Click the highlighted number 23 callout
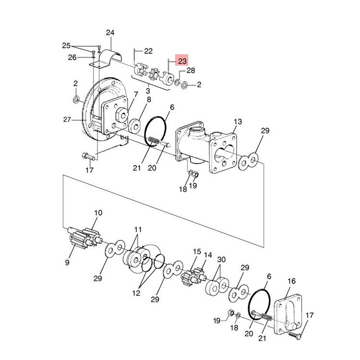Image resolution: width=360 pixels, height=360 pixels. pyautogui.click(x=182, y=61)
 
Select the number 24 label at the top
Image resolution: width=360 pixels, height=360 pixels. pyautogui.click(x=110, y=33)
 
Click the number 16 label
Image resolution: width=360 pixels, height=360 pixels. pyautogui.click(x=292, y=281)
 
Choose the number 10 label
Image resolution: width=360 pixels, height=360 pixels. pyautogui.click(x=98, y=213)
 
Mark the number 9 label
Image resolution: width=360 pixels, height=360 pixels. pyautogui.click(x=67, y=263)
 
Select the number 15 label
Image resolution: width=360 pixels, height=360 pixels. pyautogui.click(x=197, y=252)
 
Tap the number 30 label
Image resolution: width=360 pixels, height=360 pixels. pyautogui.click(x=221, y=260)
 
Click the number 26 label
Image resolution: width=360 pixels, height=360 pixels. pyautogui.click(x=72, y=57)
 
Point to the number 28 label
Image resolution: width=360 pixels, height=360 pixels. pyautogui.click(x=191, y=71)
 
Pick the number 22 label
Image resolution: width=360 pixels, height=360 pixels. pyautogui.click(x=148, y=51)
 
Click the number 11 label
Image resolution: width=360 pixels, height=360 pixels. pyautogui.click(x=138, y=229)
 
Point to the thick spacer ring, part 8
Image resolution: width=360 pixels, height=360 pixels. pyautogui.click(x=134, y=126)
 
